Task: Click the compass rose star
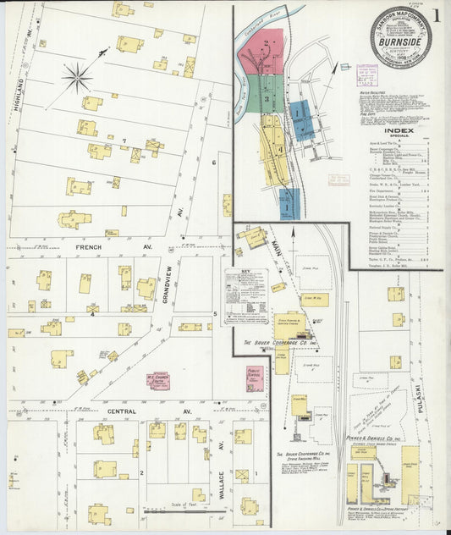[x=77, y=79]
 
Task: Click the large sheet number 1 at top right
[x=436, y=16]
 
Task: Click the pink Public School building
[x=254, y=378]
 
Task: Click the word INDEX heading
[x=399, y=131]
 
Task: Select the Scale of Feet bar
[x=173, y=510]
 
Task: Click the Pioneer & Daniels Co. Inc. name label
[x=373, y=438]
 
